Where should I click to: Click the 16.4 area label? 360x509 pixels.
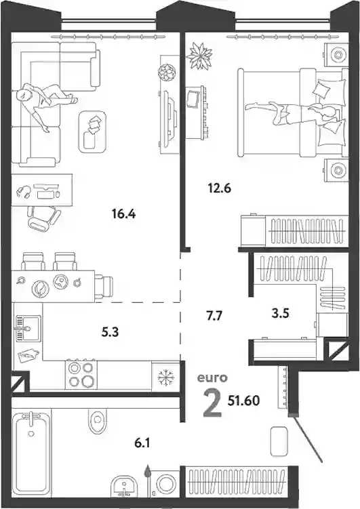(x=123, y=214)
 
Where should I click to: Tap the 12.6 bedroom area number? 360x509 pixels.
(x=220, y=188)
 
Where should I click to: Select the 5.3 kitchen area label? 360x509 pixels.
(x=110, y=332)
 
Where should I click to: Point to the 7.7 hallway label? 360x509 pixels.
(x=214, y=315)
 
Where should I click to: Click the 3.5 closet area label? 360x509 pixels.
(x=280, y=314)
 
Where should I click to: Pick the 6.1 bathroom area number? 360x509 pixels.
(x=142, y=443)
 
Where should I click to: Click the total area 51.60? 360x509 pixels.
(x=243, y=401)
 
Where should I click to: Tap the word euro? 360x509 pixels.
(x=213, y=378)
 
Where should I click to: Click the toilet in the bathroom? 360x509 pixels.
(x=97, y=420)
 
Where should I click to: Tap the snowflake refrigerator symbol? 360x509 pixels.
(x=166, y=377)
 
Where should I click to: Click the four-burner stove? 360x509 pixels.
(x=81, y=374)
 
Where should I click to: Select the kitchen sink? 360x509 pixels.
(x=27, y=328)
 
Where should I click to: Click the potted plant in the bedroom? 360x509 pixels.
(x=199, y=55)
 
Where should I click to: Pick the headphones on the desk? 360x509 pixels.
(x=24, y=191)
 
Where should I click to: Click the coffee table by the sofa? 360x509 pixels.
(x=92, y=131)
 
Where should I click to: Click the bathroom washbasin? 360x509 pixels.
(x=125, y=487)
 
